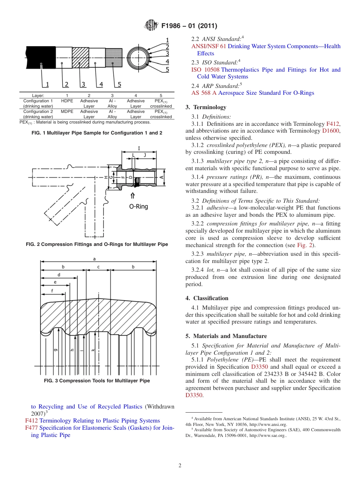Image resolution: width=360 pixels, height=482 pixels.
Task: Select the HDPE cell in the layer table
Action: point(67,101)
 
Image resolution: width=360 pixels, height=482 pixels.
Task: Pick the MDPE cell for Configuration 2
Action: point(67,111)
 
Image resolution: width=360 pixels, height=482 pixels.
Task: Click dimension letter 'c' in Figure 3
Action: point(99,267)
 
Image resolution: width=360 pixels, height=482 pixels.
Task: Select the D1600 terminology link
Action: point(330,131)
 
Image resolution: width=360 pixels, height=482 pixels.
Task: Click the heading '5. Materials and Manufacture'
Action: point(226,336)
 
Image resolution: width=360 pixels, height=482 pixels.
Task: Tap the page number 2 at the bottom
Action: point(180,466)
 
